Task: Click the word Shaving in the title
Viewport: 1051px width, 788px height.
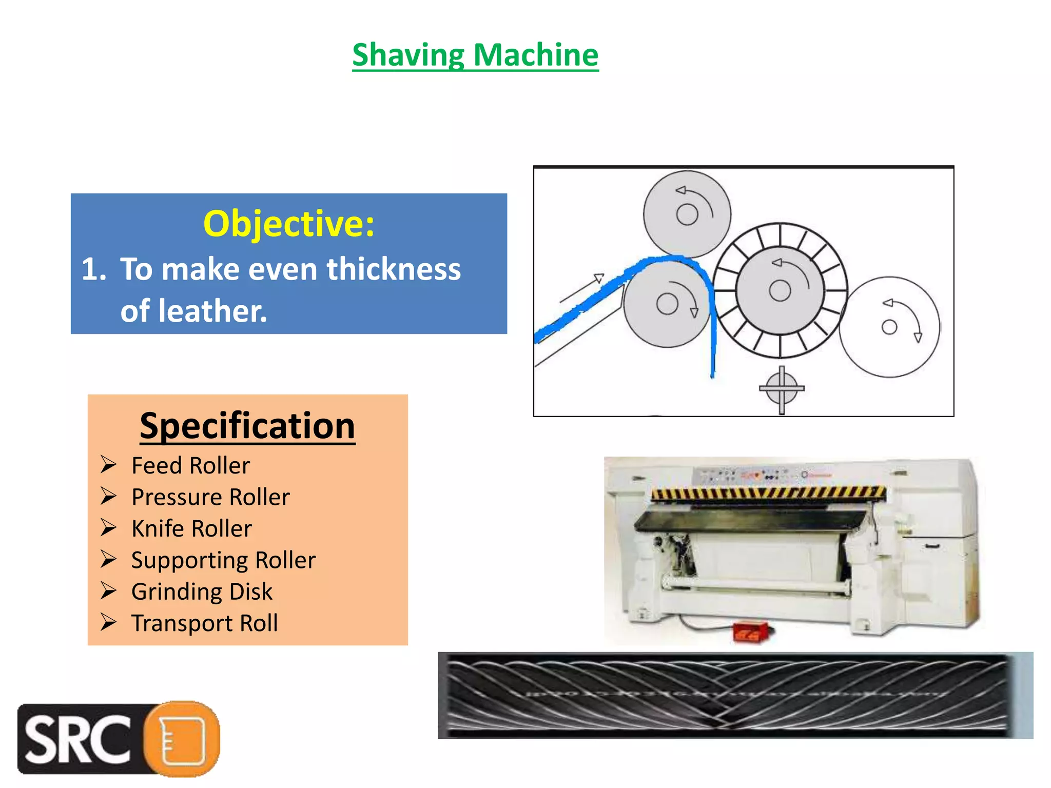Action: [408, 55]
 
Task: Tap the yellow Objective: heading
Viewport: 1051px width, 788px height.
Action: [289, 224]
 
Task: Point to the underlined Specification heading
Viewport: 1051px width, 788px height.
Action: [247, 426]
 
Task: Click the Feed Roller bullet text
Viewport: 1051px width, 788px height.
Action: [190, 466]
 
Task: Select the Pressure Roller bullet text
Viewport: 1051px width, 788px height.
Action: [210, 497]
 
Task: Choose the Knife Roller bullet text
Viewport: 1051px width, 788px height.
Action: [191, 528]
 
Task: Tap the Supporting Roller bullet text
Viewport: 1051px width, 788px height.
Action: [223, 560]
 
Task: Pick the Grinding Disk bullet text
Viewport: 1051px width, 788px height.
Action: [202, 592]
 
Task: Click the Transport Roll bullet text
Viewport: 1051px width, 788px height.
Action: [204, 623]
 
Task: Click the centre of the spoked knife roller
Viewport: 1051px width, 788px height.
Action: [780, 291]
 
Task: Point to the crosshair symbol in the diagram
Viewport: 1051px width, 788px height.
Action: [782, 388]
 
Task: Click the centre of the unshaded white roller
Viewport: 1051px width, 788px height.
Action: [889, 327]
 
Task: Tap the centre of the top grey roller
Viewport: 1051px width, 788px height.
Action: [687, 214]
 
